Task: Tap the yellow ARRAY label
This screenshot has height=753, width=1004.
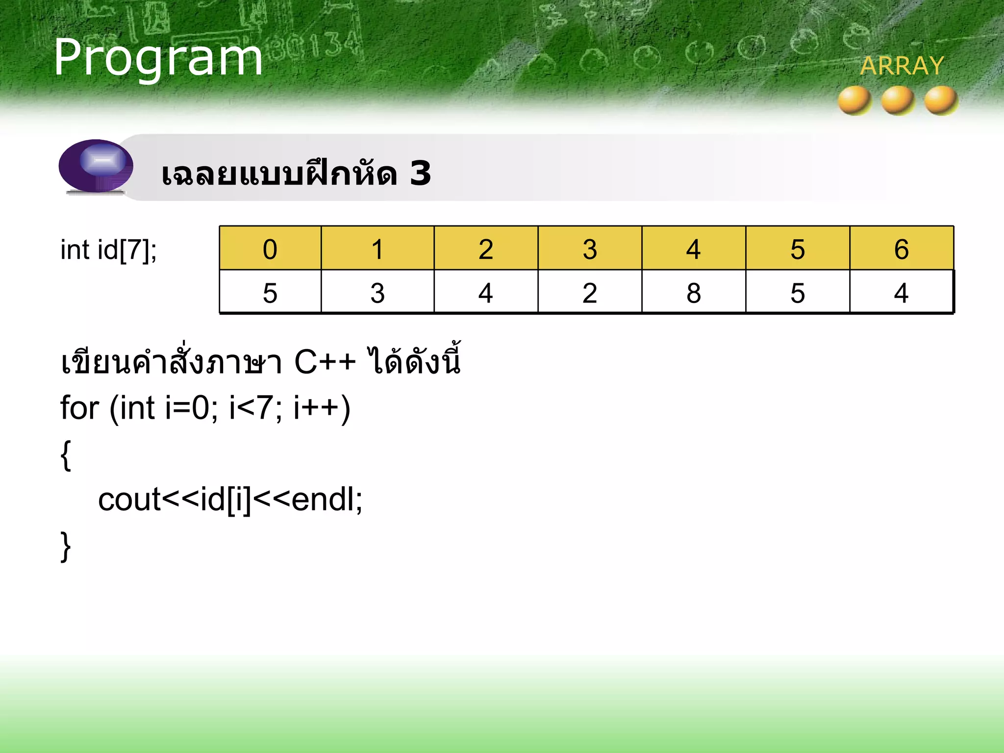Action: click(902, 66)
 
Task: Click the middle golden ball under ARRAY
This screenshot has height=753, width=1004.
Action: click(898, 100)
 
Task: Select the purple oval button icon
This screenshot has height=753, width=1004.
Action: click(96, 166)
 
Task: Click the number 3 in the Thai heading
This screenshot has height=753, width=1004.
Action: click(420, 174)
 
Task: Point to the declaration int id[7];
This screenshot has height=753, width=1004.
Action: click(108, 250)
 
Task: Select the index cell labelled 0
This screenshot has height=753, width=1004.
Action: click(270, 249)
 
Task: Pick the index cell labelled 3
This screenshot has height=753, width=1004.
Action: click(590, 249)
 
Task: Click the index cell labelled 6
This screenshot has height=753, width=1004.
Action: click(901, 249)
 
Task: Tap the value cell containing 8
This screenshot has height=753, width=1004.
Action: click(693, 293)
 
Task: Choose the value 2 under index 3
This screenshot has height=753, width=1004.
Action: click(590, 293)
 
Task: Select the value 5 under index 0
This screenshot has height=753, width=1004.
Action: click(270, 293)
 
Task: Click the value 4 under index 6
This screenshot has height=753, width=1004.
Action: click(901, 293)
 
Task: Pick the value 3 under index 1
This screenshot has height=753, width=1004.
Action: click(377, 293)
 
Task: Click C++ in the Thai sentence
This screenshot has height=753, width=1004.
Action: click(325, 363)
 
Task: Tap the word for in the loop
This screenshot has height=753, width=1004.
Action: click(79, 408)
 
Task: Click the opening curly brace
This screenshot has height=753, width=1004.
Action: click(66, 455)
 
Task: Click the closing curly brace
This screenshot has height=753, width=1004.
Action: click(66, 546)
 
